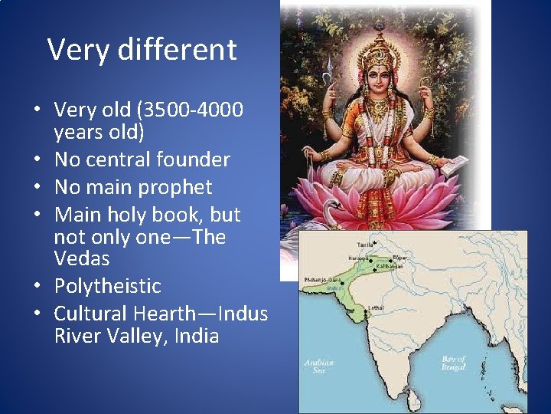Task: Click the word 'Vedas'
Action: (x=82, y=258)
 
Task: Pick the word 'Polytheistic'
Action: (x=107, y=286)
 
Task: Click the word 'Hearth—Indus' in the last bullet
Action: (x=201, y=314)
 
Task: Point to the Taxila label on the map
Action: (x=355, y=243)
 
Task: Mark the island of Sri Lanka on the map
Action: (x=413, y=399)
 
